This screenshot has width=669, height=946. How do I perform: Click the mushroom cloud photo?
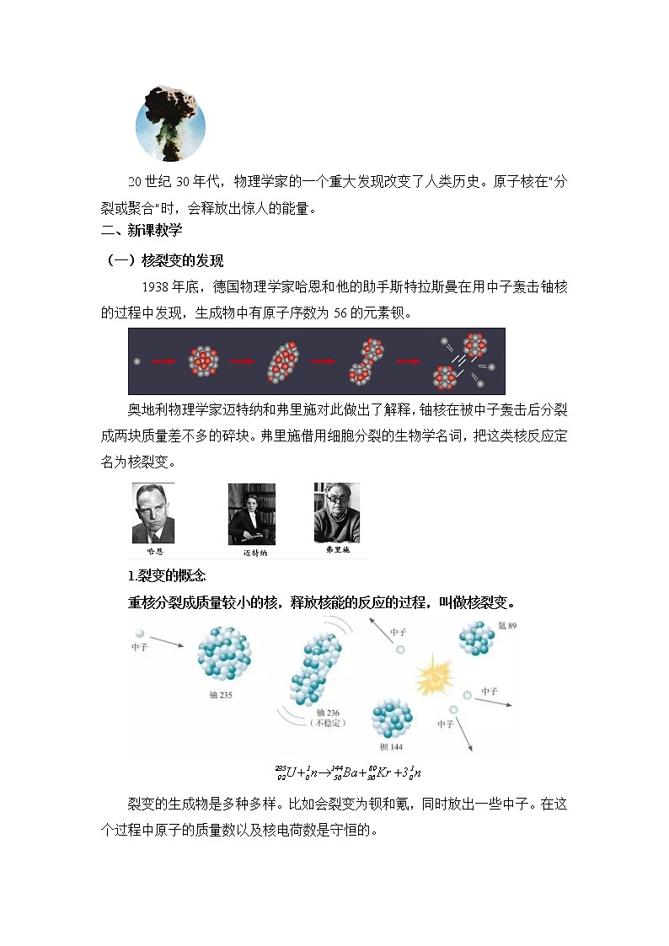coord(171,122)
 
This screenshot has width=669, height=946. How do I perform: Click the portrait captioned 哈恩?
coord(153,513)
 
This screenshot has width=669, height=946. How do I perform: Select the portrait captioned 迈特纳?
coord(252,514)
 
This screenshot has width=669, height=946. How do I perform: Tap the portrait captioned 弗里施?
coord(336,512)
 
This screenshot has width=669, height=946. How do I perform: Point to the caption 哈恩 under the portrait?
coord(154,551)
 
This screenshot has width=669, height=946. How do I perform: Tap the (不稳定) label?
coord(328,723)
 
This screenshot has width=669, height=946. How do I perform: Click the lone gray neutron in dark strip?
coord(137,361)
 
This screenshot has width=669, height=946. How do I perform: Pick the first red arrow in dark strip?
coord(162,361)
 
